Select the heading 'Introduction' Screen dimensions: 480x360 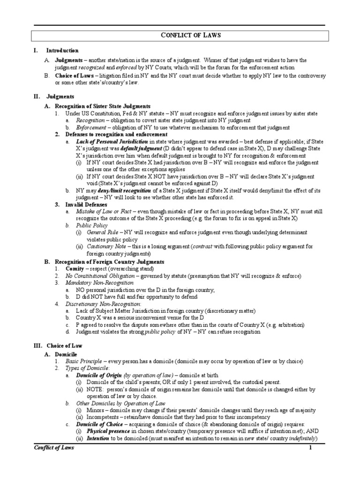point(62,51)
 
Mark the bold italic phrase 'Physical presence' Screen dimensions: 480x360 point(108,432)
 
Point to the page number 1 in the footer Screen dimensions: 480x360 point(310,448)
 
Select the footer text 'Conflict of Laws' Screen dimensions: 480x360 point(54,448)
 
